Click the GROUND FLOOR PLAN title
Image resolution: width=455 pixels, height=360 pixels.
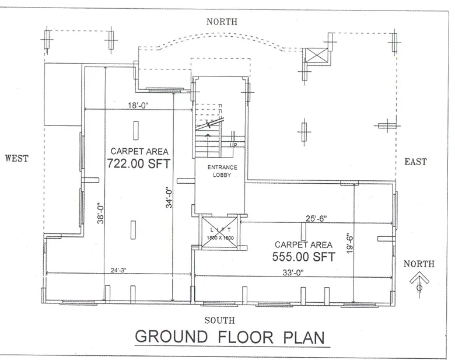click(228, 338)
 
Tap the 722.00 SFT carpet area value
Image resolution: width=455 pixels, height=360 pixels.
click(138, 164)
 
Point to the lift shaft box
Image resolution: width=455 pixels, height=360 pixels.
click(220, 232)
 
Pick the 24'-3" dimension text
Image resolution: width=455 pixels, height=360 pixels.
click(118, 270)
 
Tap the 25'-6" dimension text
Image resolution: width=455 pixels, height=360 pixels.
click(316, 218)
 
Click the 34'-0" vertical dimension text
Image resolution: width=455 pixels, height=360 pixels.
click(170, 197)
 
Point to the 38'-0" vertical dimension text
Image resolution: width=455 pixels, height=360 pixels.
click(100, 213)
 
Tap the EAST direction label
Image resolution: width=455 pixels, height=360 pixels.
click(415, 162)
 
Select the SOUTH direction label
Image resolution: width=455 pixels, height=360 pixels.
click(220, 320)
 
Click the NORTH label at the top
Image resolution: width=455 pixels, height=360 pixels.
click(222, 22)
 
